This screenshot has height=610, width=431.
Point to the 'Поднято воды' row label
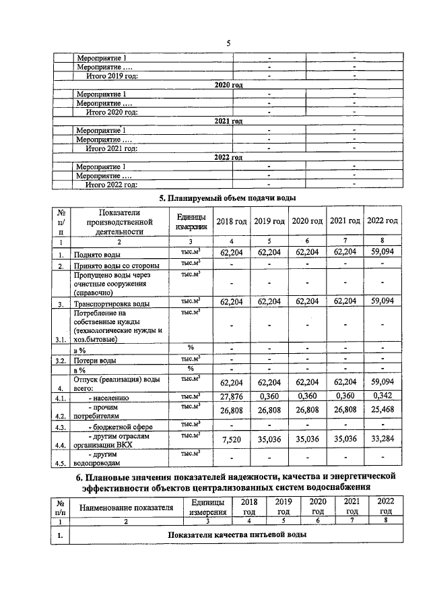pos(98,255)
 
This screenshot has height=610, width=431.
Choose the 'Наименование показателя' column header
pos(127,508)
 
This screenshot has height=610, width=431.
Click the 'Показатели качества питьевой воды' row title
pos(237,535)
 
